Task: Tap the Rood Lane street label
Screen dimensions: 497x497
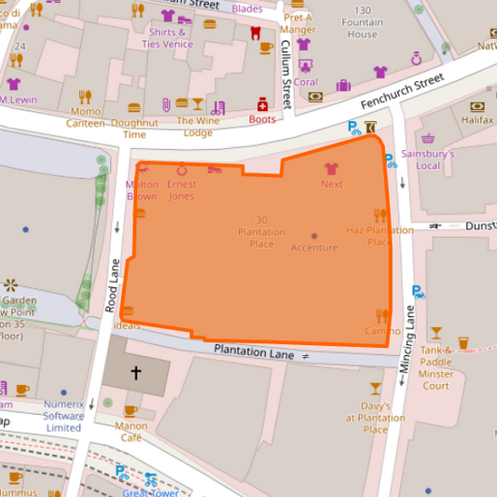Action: [x=108, y=284]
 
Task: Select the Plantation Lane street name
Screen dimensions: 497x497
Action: [x=254, y=352]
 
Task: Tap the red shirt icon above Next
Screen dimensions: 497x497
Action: [x=331, y=169]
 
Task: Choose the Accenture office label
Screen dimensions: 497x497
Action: [x=314, y=247]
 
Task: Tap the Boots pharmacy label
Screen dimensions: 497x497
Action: [x=263, y=119]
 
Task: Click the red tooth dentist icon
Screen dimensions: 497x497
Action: [x=255, y=34]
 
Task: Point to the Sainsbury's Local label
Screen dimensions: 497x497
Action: [x=426, y=159]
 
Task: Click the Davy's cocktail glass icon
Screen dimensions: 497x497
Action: [x=375, y=388]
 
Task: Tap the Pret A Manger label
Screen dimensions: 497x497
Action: [x=297, y=23]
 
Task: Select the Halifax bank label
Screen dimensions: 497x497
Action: [x=476, y=120]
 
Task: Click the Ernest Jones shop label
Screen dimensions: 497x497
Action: [x=181, y=190]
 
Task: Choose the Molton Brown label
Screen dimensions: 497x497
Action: [x=142, y=190]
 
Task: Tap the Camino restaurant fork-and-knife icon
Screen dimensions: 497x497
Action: [x=381, y=315]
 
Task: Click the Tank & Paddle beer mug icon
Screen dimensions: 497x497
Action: [x=436, y=342]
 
